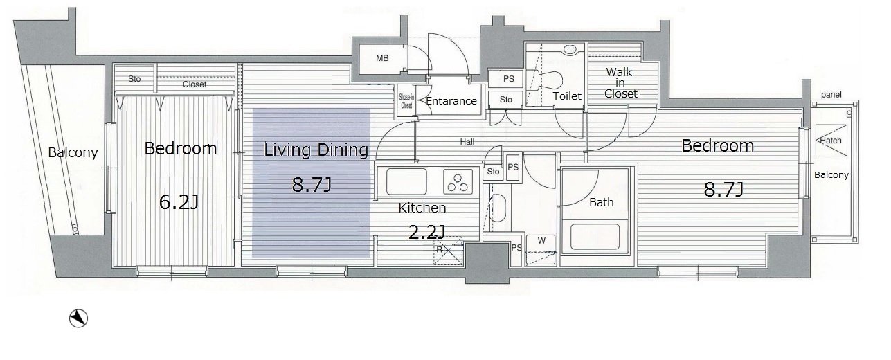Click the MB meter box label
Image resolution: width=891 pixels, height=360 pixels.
click(382, 58)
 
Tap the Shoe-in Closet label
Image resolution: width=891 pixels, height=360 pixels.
click(406, 101)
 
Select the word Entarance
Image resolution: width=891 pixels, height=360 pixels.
click(451, 101)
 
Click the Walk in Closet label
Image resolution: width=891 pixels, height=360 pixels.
click(620, 83)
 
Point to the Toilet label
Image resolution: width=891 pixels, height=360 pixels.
click(567, 96)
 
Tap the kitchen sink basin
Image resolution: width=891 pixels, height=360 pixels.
click(406, 181)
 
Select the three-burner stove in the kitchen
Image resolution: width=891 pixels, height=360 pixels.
click(458, 181)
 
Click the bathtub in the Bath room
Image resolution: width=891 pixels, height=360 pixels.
click(595, 237)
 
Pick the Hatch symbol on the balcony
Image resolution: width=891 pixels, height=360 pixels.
click(831, 141)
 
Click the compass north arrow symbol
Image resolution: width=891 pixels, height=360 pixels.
click(78, 318)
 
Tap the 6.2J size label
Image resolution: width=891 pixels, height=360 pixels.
click(179, 201)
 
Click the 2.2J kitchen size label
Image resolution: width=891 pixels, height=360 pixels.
click(426, 232)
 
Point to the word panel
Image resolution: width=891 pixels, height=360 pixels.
click(831, 95)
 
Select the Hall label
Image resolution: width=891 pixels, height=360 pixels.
click(467, 142)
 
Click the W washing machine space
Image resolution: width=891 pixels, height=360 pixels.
click(541, 250)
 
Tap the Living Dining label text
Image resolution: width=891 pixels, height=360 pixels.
click(316, 150)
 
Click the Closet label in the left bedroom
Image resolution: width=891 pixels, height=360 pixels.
click(195, 84)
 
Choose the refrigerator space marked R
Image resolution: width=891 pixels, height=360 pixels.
click(448, 250)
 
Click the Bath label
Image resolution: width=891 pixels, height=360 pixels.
click(602, 202)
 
